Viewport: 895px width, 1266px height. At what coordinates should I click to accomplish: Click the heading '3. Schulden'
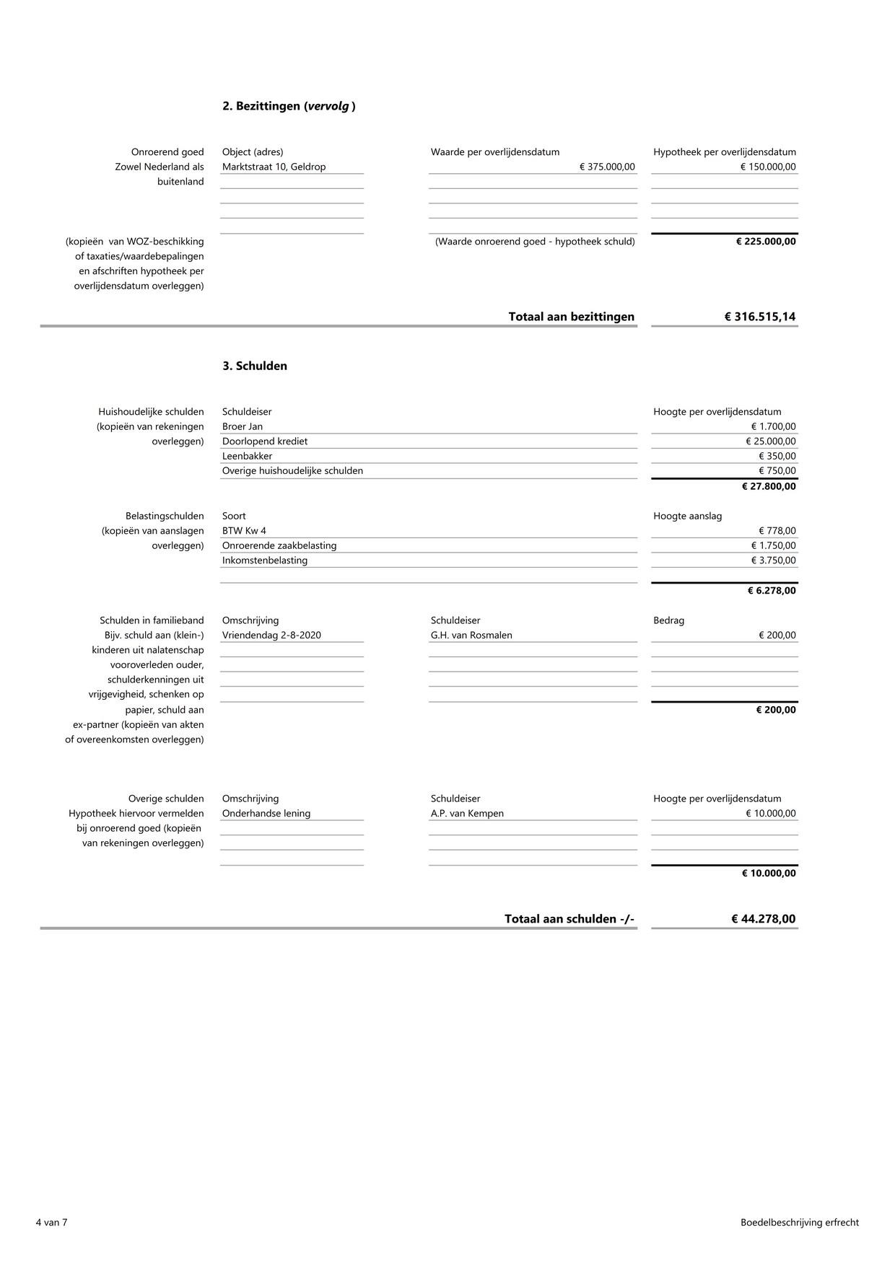click(x=255, y=366)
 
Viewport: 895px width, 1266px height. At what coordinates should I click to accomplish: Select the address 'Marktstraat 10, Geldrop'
click(x=274, y=167)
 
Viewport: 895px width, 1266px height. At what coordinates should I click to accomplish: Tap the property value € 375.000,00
click(x=607, y=167)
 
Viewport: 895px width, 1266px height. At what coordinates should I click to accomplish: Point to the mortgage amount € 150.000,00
click(x=768, y=167)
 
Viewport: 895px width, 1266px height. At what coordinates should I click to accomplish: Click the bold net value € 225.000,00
click(x=766, y=241)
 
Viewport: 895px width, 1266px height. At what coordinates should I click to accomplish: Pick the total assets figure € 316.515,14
click(x=760, y=317)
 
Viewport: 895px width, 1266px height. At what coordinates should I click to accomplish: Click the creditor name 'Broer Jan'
click(x=243, y=426)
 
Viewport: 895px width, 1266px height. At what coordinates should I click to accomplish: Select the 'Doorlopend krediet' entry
click(x=265, y=441)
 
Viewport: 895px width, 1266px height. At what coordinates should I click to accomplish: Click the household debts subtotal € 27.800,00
click(x=769, y=486)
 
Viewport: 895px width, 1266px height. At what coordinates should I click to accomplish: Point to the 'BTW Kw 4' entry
click(x=244, y=531)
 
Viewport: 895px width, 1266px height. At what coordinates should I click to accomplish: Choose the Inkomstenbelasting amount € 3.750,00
click(x=773, y=561)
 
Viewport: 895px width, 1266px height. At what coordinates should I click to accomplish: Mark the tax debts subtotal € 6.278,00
click(x=772, y=591)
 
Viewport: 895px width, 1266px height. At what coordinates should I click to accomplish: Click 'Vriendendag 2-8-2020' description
click(x=271, y=636)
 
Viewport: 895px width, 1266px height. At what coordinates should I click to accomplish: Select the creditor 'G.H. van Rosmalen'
click(x=471, y=636)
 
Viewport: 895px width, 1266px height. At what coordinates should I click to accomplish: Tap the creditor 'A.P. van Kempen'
click(x=467, y=814)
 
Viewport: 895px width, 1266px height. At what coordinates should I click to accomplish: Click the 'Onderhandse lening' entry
click(x=266, y=814)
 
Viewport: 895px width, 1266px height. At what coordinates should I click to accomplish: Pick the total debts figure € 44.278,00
click(x=763, y=919)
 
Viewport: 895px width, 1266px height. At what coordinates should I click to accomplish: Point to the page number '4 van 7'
click(x=51, y=1222)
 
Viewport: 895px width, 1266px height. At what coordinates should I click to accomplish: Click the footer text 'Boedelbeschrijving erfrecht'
click(x=799, y=1222)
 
